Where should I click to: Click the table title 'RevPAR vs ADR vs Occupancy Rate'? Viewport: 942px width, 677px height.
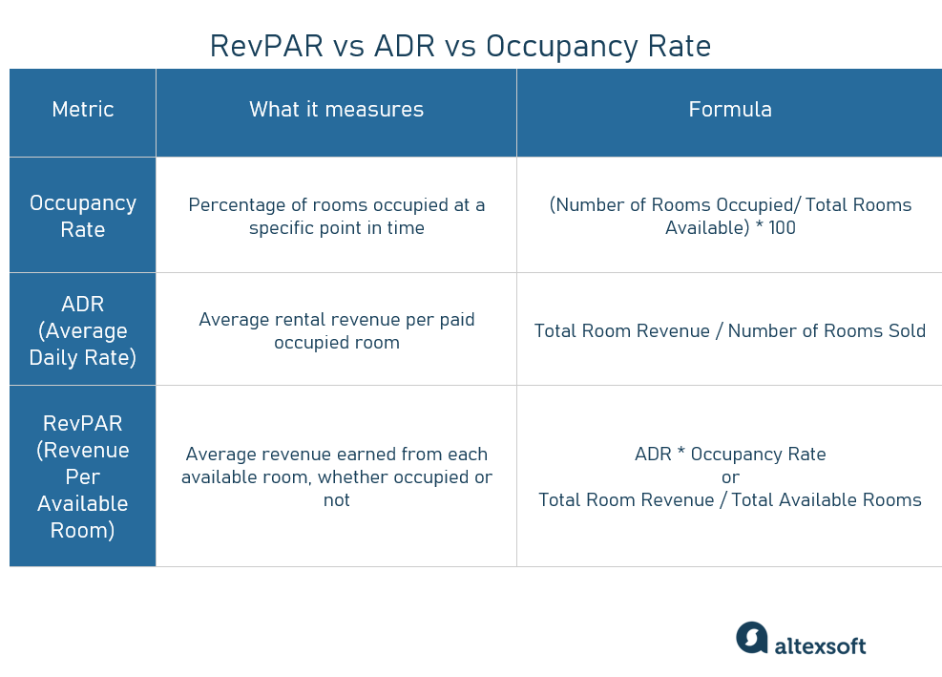tap(460, 46)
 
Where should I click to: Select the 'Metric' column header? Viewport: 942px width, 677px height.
tap(83, 110)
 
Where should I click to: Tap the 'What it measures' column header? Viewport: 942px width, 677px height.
tap(336, 110)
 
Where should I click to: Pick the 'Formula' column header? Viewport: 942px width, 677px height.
tap(730, 110)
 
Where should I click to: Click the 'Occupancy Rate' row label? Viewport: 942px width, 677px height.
tap(83, 216)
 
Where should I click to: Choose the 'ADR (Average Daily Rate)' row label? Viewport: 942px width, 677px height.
tap(83, 330)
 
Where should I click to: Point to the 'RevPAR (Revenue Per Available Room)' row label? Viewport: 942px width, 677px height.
tap(83, 476)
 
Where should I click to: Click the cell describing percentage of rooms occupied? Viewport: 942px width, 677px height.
tap(336, 217)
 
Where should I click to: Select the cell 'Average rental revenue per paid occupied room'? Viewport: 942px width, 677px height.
tap(336, 330)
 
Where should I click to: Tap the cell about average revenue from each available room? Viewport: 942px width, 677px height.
tap(336, 476)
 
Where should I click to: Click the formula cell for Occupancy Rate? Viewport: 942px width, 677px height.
tap(730, 217)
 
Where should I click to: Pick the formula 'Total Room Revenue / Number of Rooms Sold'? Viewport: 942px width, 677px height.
tap(730, 331)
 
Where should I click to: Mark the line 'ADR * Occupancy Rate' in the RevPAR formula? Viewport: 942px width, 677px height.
tap(730, 455)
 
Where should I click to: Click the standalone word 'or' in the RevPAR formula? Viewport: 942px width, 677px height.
tap(730, 477)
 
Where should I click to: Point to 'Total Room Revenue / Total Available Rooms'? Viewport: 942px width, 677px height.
tap(730, 500)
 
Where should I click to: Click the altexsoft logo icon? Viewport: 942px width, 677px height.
tap(751, 638)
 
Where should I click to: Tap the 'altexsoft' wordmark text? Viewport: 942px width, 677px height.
tap(820, 645)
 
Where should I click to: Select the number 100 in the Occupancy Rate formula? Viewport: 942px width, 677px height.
tap(782, 228)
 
